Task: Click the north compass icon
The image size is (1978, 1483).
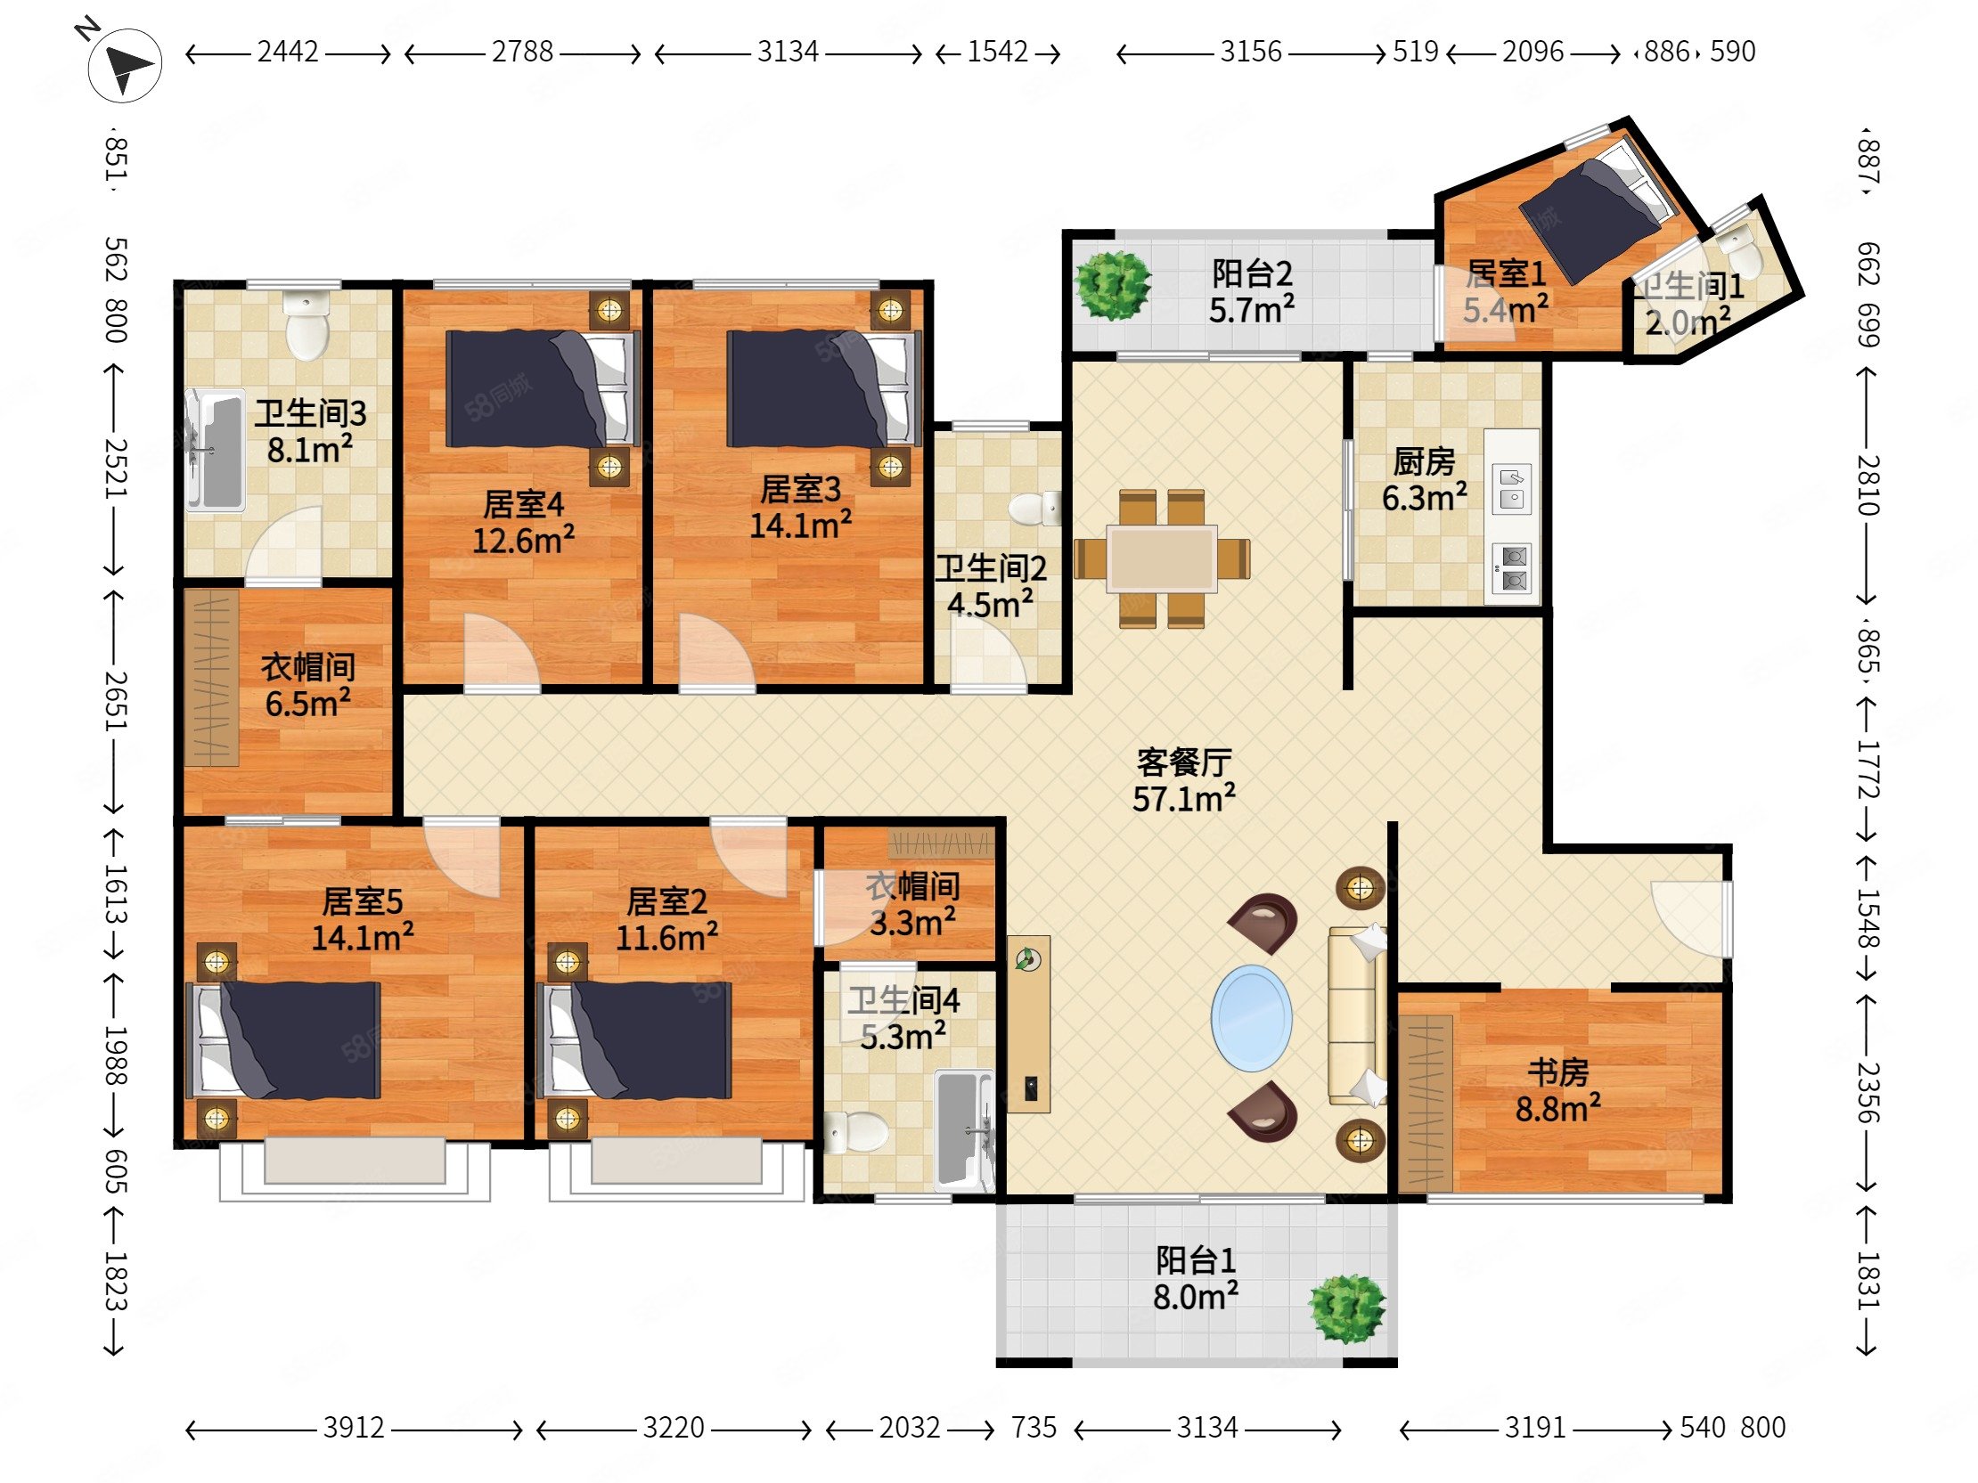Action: [125, 64]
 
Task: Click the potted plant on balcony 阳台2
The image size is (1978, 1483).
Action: [1111, 285]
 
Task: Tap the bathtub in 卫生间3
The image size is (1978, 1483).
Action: [216, 450]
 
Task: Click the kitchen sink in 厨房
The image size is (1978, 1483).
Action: [1511, 489]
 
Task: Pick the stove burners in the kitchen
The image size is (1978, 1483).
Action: [1511, 569]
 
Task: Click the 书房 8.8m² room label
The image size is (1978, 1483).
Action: [1557, 1089]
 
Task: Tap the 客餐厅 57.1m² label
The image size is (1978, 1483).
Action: [1183, 780]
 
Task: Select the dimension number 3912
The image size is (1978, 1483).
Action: [353, 1428]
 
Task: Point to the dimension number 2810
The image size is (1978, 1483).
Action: [1868, 485]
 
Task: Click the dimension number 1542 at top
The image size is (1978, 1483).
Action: [997, 52]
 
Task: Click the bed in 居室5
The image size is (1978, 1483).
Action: [284, 1040]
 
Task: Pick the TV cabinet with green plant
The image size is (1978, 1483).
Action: [1028, 1024]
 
